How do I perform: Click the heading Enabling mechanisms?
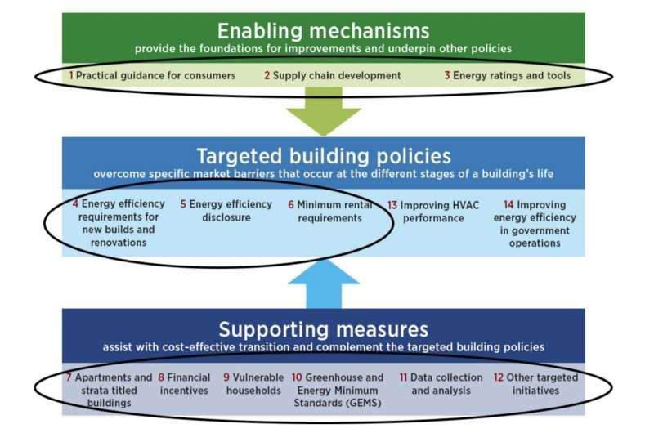pyautogui.click(x=323, y=31)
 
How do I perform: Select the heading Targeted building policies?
pyautogui.click(x=323, y=155)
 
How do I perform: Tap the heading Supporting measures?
pyautogui.click(x=323, y=329)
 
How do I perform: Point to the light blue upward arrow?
pyautogui.click(x=323, y=283)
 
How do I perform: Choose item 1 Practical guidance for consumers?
pyautogui.click(x=152, y=75)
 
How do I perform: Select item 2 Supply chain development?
pyautogui.click(x=332, y=75)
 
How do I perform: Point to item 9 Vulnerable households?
pyautogui.click(x=253, y=384)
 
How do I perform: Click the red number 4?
pyautogui.click(x=75, y=203)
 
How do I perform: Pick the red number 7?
pyautogui.click(x=69, y=377)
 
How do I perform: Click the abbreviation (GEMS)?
pyautogui.click(x=356, y=403)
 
